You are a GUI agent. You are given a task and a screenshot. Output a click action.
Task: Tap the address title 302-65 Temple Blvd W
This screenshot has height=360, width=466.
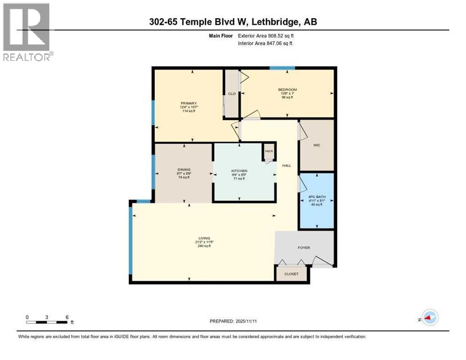pos(233,22)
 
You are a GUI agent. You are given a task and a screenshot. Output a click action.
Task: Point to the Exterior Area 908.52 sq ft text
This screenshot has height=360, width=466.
pos(266,36)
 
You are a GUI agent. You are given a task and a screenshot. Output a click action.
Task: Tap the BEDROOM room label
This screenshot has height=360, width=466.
pos(287,90)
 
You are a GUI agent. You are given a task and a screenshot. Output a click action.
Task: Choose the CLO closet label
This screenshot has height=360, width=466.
pos(232,94)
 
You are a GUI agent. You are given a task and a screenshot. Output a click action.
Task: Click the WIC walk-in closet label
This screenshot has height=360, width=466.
pos(316,145)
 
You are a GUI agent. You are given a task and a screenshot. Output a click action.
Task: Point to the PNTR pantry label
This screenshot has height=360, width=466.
pos(269,151)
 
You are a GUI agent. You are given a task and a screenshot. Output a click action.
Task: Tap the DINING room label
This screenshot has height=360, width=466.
pos(184,170)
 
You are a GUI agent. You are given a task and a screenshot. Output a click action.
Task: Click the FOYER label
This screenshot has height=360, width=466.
pos(304,248)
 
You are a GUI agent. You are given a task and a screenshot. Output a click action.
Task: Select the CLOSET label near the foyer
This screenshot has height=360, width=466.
pos(291,274)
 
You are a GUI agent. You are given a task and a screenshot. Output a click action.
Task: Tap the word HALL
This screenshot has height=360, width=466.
pos(286,165)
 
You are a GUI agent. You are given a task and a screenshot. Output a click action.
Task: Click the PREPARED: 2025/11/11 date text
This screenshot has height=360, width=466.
pos(233,321)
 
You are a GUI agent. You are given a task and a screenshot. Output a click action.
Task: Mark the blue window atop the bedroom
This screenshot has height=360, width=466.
pos(282,68)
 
